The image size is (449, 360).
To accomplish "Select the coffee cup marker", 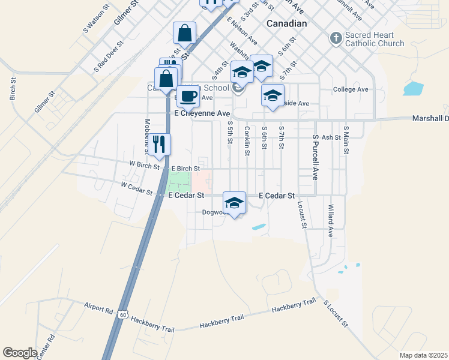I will tap(188, 95).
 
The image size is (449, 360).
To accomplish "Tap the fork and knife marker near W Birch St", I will tap(159, 144).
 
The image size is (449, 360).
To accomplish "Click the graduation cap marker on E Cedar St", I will tap(235, 203).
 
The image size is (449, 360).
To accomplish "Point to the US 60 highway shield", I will tap(122, 314).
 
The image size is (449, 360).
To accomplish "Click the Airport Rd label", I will tap(99, 308).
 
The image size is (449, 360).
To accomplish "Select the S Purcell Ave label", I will tap(315, 157).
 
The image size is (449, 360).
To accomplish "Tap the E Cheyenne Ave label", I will tap(202, 113).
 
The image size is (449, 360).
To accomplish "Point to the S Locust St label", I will tap(336, 314).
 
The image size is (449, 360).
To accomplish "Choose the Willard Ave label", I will tap(330, 220).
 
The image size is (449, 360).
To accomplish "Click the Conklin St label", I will tap(247, 141).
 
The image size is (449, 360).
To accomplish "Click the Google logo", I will tap(20, 352).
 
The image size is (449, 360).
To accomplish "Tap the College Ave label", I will tap(351, 89).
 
